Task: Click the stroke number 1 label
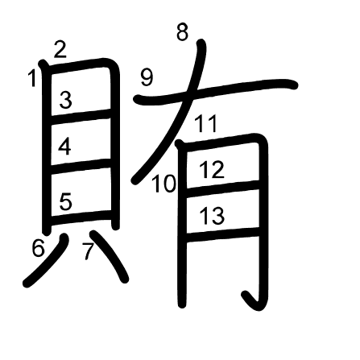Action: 33,78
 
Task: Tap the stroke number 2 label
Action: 60,49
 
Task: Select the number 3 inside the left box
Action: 65,100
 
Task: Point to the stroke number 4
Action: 65,147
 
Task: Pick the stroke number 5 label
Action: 65,201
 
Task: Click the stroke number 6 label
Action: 39,248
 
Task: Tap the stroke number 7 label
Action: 88,251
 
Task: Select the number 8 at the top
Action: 182,32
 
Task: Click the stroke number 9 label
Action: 147,78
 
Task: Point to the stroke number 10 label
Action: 164,184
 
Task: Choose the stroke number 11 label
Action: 205,124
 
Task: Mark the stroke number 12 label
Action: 212,170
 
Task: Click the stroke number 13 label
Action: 212,216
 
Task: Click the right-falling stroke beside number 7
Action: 110,256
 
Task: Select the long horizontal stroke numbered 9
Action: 216,91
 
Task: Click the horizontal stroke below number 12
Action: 221,188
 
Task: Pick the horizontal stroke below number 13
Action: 221,234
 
